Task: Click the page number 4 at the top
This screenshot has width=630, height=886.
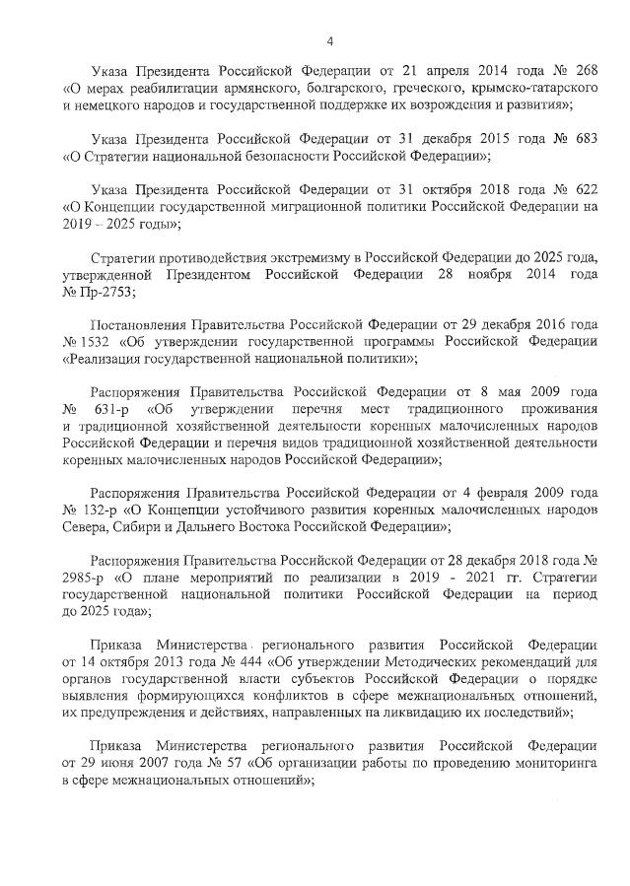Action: tap(330, 40)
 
